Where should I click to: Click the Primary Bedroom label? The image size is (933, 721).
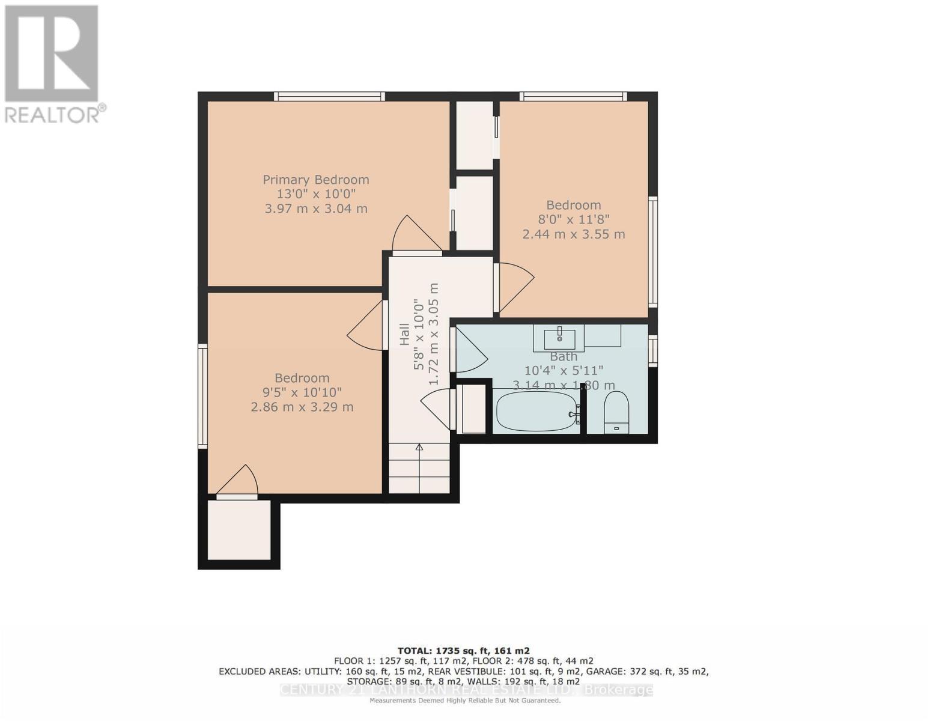pos(316,180)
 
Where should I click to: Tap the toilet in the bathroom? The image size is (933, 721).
pos(616,412)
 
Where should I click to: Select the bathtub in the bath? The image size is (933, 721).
pos(536,410)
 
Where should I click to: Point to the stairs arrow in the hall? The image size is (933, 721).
pos(419,448)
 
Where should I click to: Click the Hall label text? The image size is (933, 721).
pos(405,335)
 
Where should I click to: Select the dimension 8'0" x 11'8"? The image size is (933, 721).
pos(573,219)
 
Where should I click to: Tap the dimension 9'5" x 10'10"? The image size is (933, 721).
pos(302,392)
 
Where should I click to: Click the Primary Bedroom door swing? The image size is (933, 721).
pos(415,235)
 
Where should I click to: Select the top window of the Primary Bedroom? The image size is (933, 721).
pos(329,96)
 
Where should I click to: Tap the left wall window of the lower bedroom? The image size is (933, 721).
pos(203,396)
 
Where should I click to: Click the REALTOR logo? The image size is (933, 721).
pos(53,63)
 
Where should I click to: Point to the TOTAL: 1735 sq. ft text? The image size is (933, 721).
pos(463,651)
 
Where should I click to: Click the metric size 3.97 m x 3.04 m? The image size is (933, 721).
pos(316,208)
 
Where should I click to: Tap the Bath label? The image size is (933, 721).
pos(563,356)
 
